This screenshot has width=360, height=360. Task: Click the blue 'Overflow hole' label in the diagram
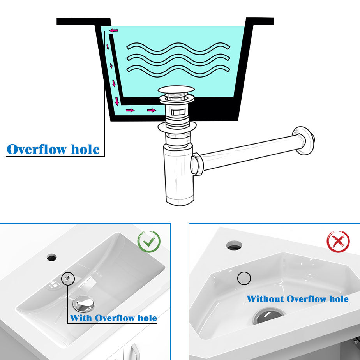click(x=53, y=149)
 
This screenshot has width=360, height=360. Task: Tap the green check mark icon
click(x=149, y=242)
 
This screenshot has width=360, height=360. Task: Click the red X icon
click(x=338, y=242)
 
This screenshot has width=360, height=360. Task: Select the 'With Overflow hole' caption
click(x=113, y=318)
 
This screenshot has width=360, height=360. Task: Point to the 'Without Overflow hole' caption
click(x=298, y=299)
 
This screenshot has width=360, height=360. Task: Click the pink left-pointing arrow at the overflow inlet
click(x=113, y=30)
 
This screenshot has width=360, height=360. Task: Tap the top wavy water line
click(x=178, y=48)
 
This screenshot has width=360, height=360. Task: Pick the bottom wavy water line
click(x=178, y=71)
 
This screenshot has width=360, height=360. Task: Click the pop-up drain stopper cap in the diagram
click(x=176, y=89)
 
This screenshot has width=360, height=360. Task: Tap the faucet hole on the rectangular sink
click(x=52, y=258)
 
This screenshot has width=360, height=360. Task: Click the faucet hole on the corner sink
click(x=234, y=245)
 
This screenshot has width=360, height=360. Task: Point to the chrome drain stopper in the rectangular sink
click(x=83, y=304)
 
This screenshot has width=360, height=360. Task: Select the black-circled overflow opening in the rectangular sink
click(x=68, y=278)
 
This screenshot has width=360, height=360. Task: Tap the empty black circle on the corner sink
click(x=244, y=279)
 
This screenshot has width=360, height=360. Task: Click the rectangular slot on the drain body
click(x=178, y=112)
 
